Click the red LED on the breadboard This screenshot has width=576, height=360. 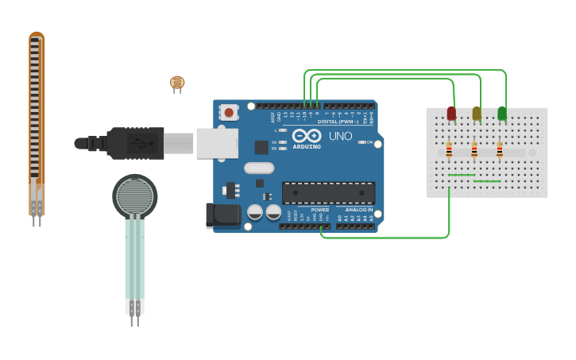pyautogui.click(x=451, y=114)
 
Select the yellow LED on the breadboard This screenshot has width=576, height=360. pyautogui.click(x=477, y=114)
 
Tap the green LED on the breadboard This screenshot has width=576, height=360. pyautogui.click(x=502, y=114)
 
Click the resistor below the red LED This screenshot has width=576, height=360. pyautogui.click(x=449, y=150)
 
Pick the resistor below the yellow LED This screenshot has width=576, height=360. pyautogui.click(x=474, y=150)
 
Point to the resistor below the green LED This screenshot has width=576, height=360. pyautogui.click(x=500, y=150)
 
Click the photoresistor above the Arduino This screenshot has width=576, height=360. pyautogui.click(x=176, y=82)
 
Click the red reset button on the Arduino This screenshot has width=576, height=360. pyautogui.click(x=229, y=112)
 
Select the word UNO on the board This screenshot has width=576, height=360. pyautogui.click(x=340, y=136)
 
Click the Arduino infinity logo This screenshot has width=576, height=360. pyautogui.click(x=307, y=136)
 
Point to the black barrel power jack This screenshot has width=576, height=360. pyautogui.click(x=222, y=215)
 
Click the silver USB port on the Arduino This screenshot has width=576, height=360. pyautogui.click(x=217, y=143)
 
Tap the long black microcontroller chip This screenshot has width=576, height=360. pyautogui.click(x=328, y=192)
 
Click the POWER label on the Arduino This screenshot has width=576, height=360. pyautogui.click(x=320, y=210)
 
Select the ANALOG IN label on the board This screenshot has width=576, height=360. pyautogui.click(x=359, y=210)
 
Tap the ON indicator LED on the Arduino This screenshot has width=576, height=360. pyautogui.click(x=361, y=142)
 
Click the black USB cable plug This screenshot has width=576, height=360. pyautogui.click(x=135, y=143)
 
